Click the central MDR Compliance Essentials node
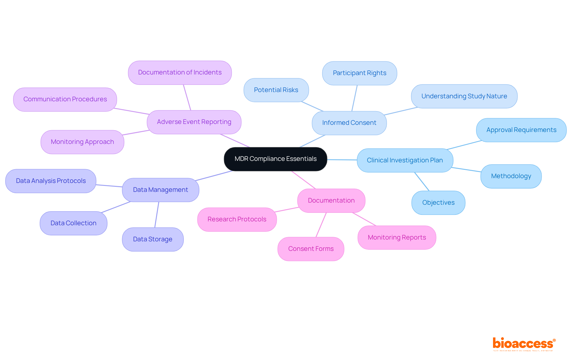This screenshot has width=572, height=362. tap(275, 159)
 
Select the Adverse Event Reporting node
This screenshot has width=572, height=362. tap(194, 122)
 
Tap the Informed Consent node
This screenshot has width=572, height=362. tap(349, 123)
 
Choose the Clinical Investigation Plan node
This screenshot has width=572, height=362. tap(405, 160)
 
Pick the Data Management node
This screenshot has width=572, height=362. tap(160, 190)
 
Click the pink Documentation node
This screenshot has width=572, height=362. tap(331, 201)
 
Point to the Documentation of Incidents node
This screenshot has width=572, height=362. tap(180, 72)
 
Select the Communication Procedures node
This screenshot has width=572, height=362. tap(65, 99)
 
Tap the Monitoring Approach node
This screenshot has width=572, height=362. tap(82, 142)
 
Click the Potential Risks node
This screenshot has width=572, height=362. tap(276, 90)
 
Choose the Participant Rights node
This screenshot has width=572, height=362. tap(359, 73)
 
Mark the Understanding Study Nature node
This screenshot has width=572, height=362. tap(464, 96)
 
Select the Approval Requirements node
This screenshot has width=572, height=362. tap(521, 130)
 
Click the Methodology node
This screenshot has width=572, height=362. tap(511, 176)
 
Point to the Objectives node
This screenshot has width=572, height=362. tap(438, 203)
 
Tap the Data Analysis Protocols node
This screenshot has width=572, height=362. tap(51, 181)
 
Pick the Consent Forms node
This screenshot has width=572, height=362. tap(311, 249)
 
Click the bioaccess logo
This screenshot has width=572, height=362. tap(524, 344)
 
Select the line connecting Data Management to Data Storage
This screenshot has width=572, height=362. tap(157, 215)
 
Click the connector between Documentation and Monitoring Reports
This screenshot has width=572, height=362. tap(364, 219)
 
